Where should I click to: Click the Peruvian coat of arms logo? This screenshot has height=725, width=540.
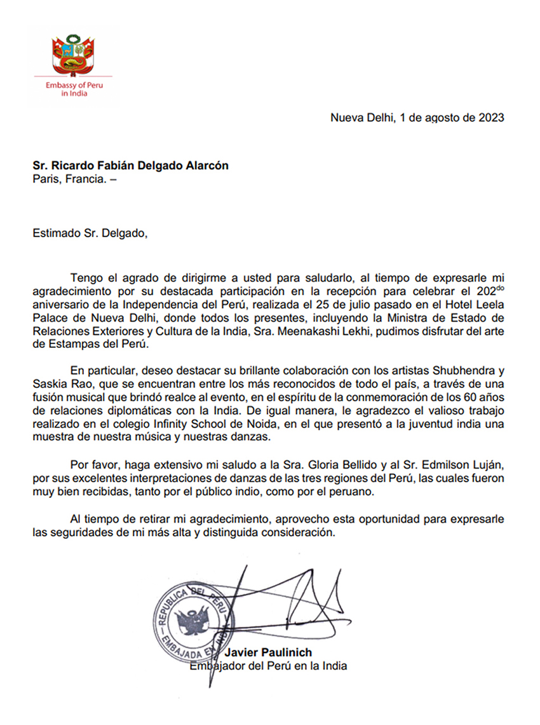point(73,57)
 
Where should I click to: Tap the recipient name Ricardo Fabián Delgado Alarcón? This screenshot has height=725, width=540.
point(131,167)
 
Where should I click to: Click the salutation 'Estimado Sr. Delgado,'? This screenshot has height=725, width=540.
point(90,233)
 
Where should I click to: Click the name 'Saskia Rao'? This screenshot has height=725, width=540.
point(58,384)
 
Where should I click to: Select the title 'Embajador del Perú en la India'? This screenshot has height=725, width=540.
point(269,666)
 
